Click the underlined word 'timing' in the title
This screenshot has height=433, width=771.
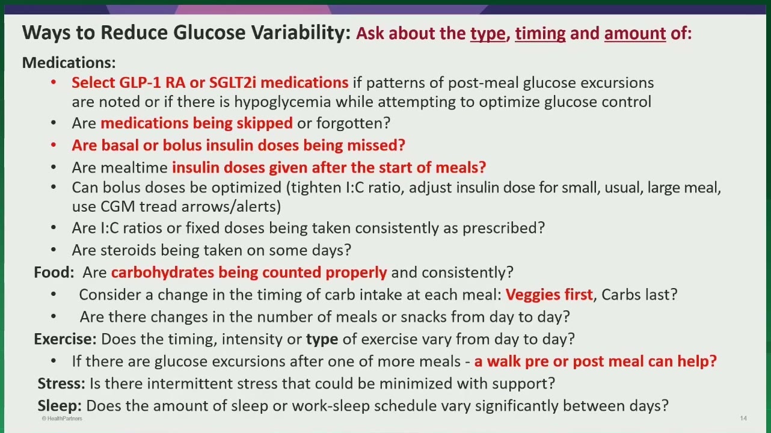540,34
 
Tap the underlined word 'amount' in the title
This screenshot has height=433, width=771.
635,34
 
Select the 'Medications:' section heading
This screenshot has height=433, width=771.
69,63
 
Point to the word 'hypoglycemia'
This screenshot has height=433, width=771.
282,102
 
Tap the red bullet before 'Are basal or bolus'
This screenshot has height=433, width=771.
54,146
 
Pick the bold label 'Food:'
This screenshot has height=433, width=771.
54,272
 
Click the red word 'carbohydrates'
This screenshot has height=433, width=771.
162,272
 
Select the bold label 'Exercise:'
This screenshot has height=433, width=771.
65,339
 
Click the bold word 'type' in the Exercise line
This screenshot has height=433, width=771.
322,340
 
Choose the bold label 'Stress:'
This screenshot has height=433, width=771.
61,384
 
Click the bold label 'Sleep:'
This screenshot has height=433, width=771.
60,406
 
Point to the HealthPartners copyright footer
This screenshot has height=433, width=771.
62,419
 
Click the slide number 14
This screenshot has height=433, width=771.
743,418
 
